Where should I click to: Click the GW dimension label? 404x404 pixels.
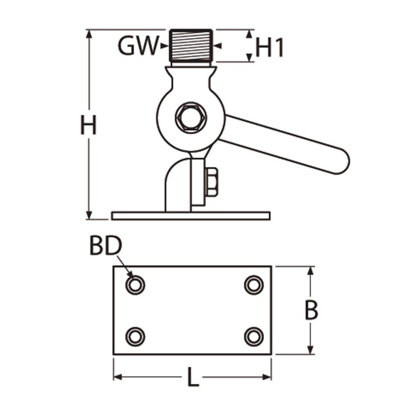[x=138, y=46]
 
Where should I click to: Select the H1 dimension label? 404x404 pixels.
[x=270, y=48]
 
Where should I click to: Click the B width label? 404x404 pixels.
[x=311, y=311]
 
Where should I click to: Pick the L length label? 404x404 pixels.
[x=192, y=377]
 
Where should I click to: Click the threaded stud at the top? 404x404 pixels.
[x=190, y=45]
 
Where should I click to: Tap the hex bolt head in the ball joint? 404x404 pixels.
[x=190, y=117]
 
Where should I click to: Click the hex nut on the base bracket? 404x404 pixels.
[x=212, y=182]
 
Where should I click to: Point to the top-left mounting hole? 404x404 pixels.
[x=135, y=285]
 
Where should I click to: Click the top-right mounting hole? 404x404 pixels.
[x=254, y=285]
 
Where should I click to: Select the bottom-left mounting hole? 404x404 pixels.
[x=135, y=336]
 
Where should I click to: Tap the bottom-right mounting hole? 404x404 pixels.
[x=254, y=336]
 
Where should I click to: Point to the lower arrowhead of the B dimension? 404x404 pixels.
[x=311, y=349]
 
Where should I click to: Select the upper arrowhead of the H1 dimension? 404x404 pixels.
[x=250, y=34]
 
